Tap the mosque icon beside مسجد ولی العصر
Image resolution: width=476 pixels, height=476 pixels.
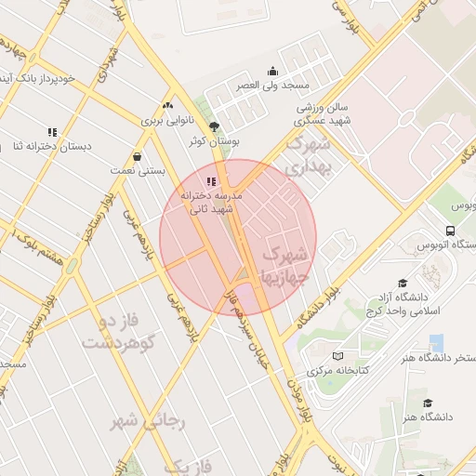pos(271,71)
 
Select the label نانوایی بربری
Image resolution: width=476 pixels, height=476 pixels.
pos(165,121)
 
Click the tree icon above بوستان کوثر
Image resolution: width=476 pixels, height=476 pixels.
pos(215,126)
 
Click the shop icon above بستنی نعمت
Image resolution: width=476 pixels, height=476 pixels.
pos(138,156)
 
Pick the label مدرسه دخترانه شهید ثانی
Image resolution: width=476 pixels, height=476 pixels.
pos(216,204)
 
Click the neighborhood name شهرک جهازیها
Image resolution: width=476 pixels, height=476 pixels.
pos(284,265)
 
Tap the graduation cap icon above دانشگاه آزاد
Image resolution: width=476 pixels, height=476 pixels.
pos(403,283)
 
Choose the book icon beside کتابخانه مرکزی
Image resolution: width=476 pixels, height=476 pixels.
pos(337,356)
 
